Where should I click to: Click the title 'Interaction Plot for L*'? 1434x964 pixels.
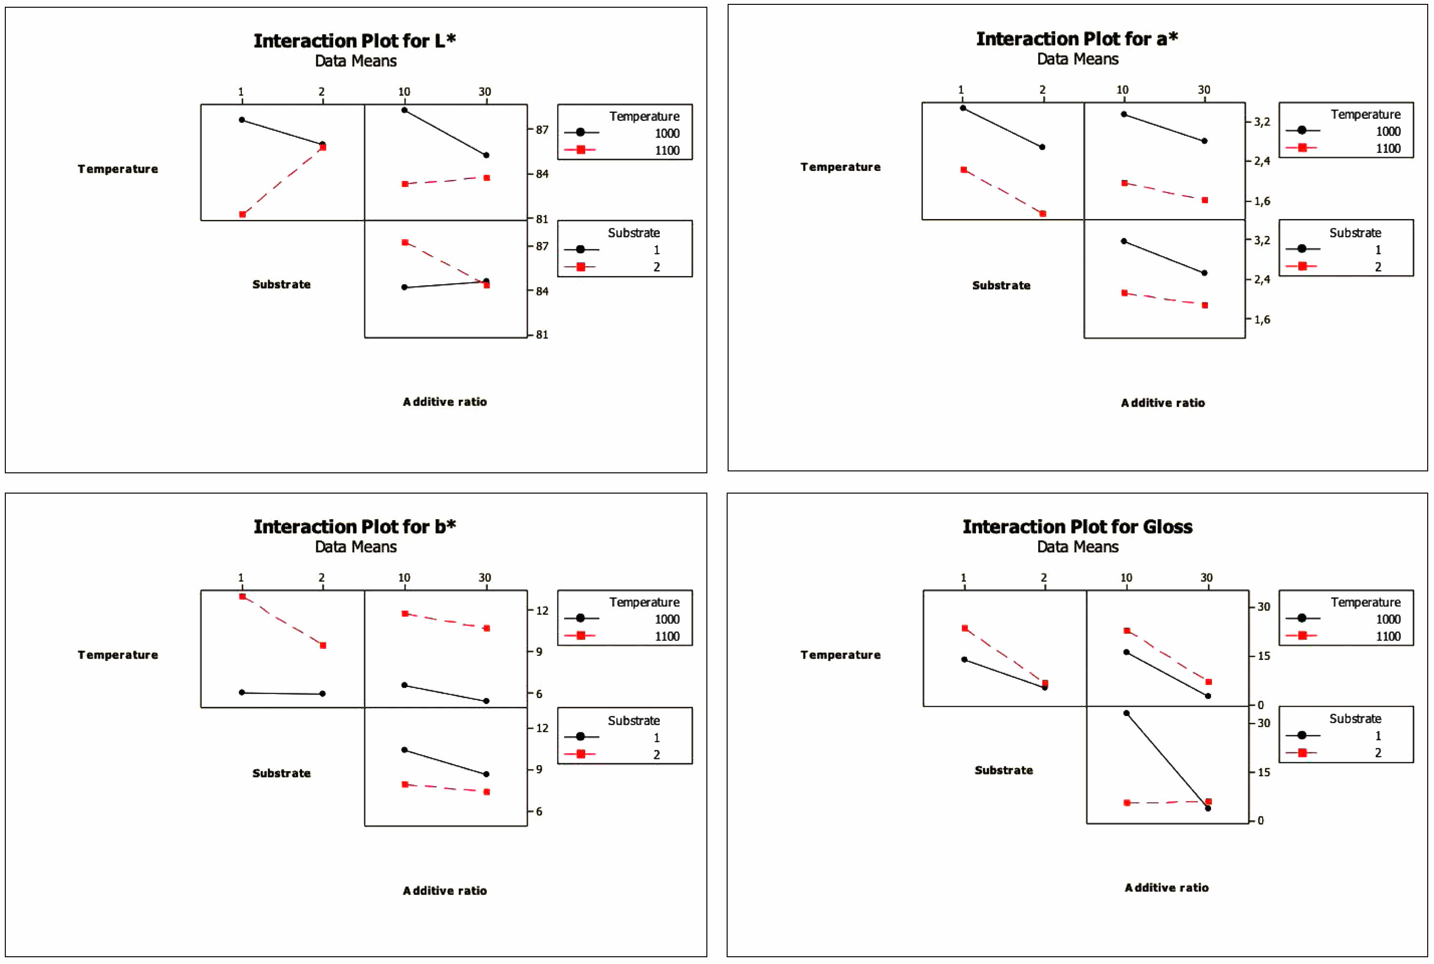pos(355,41)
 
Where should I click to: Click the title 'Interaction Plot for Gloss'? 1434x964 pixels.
pos(1077,527)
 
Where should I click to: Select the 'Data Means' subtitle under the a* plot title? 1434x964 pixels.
pos(1077,59)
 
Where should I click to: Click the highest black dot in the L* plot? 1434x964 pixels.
pos(404,110)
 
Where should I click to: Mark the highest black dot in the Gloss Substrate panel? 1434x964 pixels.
pos(1126,713)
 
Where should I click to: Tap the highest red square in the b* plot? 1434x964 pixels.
pos(242,596)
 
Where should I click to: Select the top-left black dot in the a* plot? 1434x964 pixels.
pos(963,108)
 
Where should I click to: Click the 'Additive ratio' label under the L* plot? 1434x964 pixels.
pos(444,401)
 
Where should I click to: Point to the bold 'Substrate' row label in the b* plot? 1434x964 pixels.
pos(281,773)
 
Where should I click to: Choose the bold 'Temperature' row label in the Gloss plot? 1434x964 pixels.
pos(840,655)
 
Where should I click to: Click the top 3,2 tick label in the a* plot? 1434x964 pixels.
pos(1261,122)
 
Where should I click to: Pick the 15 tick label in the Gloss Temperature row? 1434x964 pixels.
pos(1263,656)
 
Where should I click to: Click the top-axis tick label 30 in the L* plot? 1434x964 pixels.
pos(485,92)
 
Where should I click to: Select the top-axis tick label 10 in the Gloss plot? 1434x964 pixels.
pos(1126,578)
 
